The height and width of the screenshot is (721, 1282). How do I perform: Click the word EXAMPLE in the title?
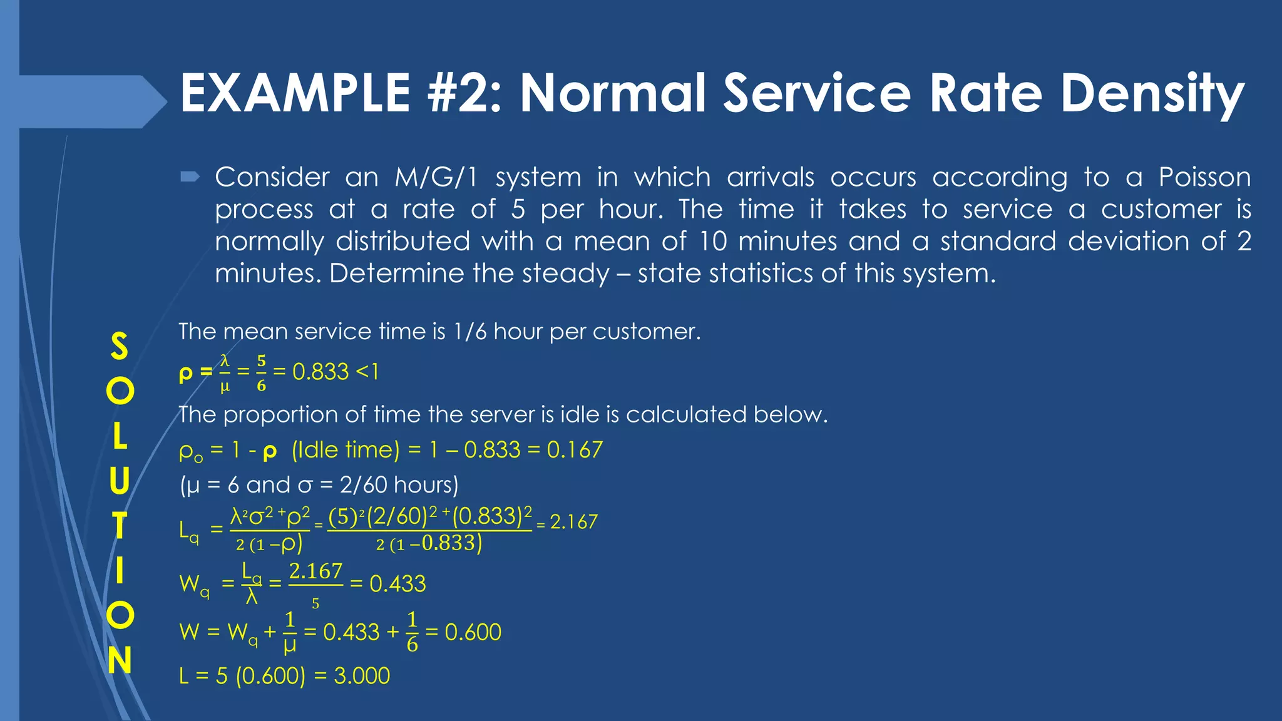(295, 93)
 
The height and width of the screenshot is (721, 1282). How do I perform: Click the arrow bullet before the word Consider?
(189, 178)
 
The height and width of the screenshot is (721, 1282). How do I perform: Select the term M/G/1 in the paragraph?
(436, 177)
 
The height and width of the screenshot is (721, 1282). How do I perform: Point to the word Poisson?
(1204, 177)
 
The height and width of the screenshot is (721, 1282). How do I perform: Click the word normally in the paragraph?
(269, 242)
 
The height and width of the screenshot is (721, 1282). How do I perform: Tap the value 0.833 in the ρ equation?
(320, 372)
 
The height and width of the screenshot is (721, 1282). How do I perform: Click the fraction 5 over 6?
(261, 373)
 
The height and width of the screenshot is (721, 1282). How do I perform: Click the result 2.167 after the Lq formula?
(574, 522)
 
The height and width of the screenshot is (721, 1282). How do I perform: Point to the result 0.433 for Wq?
(397, 584)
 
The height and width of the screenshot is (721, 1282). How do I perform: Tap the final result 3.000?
(362, 676)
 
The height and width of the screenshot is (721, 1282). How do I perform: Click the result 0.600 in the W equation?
(473, 632)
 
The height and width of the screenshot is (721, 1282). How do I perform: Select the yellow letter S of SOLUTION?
(119, 346)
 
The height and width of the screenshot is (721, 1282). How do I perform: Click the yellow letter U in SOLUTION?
(119, 481)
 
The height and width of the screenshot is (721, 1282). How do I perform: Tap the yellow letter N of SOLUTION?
(119, 660)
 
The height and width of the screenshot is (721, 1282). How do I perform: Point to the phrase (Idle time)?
(346, 449)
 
